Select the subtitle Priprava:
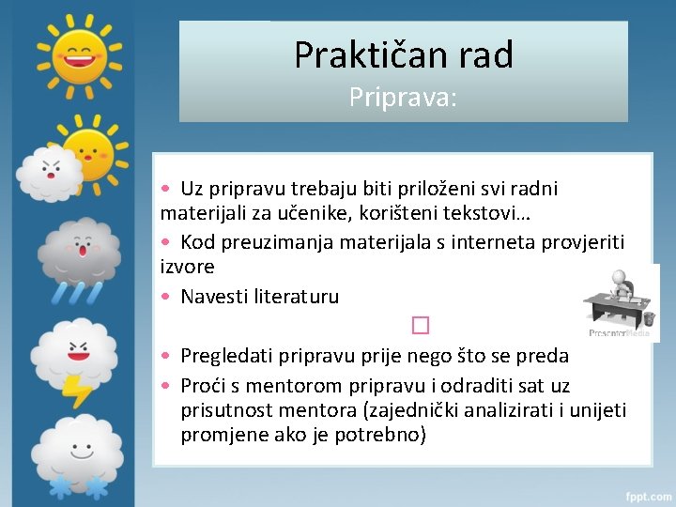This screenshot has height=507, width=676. pyautogui.click(x=403, y=97)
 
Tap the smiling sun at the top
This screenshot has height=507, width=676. pyautogui.click(x=79, y=51)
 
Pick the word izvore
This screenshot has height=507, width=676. pyautogui.click(x=187, y=267)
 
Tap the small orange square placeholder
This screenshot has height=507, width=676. pyautogui.click(x=419, y=326)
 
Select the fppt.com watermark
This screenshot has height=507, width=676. pyautogui.click(x=647, y=495)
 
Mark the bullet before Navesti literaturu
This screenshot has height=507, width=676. pyautogui.click(x=164, y=297)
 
